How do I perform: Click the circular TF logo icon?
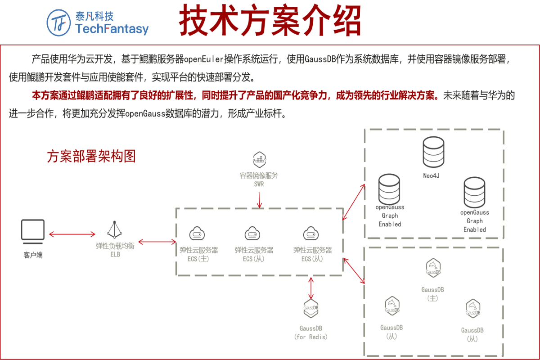tap(59, 22)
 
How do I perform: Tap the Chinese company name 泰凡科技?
tap(94, 16)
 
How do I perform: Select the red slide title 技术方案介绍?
tap(270, 21)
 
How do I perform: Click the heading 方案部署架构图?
tap(91, 156)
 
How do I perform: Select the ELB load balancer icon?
tap(115, 230)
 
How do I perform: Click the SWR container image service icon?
tap(259, 159)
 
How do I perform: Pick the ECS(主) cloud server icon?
tap(197, 234)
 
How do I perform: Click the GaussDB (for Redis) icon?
tap(310, 309)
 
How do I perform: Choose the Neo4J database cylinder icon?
tap(433, 152)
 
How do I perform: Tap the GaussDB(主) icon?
tap(433, 268)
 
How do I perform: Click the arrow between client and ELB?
tap(72, 234)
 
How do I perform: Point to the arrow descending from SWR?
tap(259, 198)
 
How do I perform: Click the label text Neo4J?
tap(432, 175)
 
